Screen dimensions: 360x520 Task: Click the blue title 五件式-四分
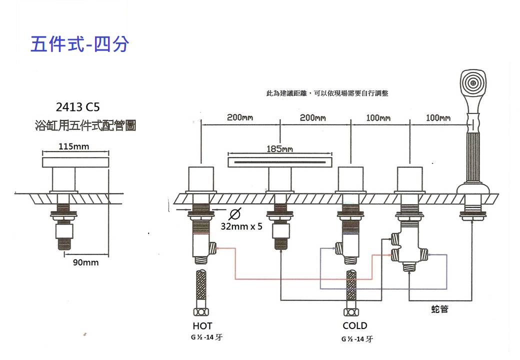coord(80,44)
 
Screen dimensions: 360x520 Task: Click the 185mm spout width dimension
coord(279,149)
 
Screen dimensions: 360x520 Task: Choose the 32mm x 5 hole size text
coord(241,226)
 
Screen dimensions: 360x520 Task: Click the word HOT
coord(202,326)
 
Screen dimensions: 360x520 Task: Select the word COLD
coord(354,326)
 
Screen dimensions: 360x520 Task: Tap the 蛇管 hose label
coord(439,309)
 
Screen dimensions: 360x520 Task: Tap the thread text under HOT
coord(206,337)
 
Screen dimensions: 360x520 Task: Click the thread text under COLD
coord(357,339)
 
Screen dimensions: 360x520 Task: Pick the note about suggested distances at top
coord(327,93)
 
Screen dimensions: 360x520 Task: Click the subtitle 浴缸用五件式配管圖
coord(85,125)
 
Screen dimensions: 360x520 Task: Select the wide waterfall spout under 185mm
coord(279,162)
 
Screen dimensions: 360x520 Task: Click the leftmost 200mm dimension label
coord(240,118)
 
